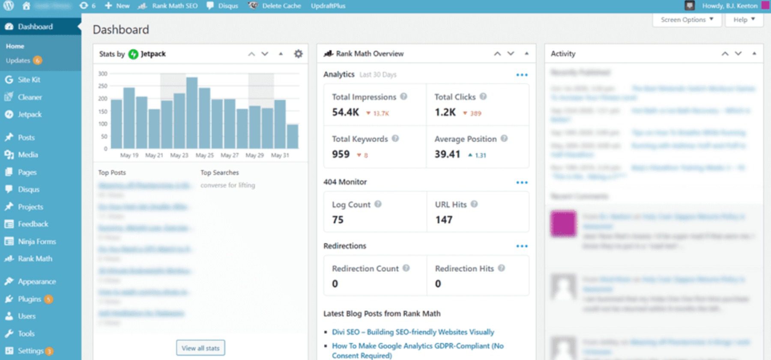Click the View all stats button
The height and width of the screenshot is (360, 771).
click(200, 348)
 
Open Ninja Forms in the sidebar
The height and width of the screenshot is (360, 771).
click(36, 241)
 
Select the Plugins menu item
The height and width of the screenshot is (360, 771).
click(29, 299)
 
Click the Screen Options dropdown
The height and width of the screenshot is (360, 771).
click(687, 20)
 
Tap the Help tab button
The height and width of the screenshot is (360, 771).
click(744, 20)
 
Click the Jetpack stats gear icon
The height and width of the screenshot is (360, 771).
click(298, 54)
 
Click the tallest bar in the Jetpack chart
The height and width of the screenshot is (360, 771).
click(192, 113)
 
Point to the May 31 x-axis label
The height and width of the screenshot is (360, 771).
click(280, 155)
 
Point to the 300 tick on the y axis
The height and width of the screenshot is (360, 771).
click(103, 74)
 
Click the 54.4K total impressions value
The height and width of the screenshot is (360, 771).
click(345, 112)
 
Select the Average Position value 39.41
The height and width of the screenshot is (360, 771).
click(447, 154)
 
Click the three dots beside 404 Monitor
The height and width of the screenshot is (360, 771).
click(522, 182)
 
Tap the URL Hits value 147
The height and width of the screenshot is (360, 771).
click(444, 220)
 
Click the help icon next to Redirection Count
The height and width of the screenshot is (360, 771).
click(406, 268)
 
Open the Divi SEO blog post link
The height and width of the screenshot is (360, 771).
click(412, 332)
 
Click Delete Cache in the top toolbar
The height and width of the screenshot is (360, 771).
click(281, 6)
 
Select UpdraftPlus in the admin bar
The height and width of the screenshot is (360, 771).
click(328, 6)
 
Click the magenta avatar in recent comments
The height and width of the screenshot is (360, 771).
click(563, 223)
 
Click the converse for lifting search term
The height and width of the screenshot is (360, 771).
click(227, 185)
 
